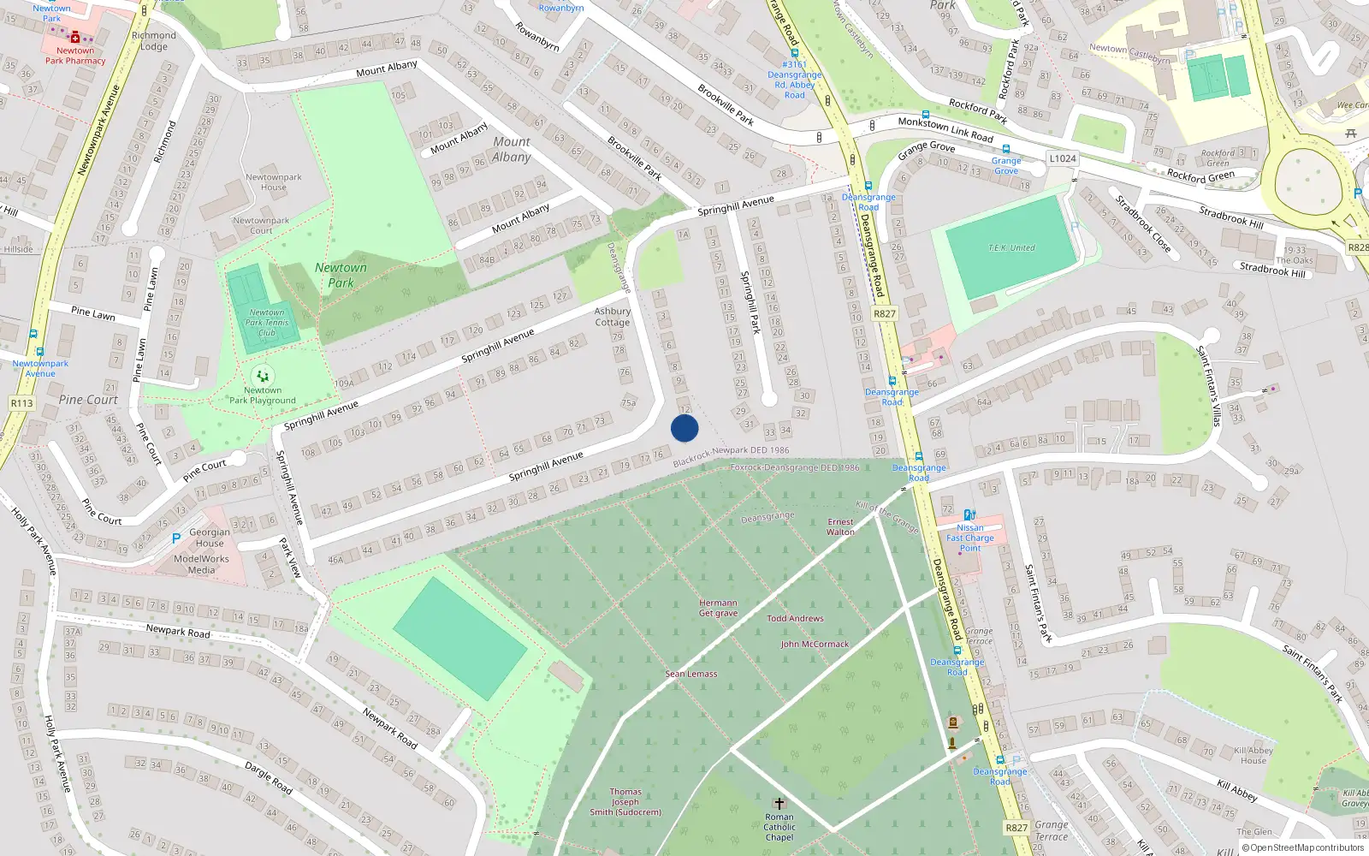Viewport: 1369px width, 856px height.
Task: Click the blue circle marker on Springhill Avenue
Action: coord(684,428)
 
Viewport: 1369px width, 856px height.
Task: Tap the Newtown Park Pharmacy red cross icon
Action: coord(75,38)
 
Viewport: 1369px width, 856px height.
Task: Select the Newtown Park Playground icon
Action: coord(263,376)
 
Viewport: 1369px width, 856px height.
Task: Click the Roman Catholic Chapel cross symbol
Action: coord(779,804)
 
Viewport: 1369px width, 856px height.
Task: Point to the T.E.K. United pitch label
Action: coord(1011,248)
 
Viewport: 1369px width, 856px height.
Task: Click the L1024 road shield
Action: coord(1063,158)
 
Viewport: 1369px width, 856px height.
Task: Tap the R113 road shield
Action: coord(21,403)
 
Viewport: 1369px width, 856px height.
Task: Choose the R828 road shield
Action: coord(1358,247)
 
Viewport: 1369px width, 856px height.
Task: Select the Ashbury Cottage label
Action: coord(613,317)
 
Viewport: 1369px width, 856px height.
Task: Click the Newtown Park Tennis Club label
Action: coord(267,323)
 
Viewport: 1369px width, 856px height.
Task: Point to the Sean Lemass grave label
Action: coord(691,674)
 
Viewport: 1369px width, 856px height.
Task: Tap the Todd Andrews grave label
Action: coord(795,618)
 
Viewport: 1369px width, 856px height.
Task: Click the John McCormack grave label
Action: coord(815,644)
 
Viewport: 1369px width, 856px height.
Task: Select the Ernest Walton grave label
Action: coord(840,526)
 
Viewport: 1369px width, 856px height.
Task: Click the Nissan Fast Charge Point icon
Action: coord(969,515)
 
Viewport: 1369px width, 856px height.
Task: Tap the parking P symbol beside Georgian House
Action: coord(176,538)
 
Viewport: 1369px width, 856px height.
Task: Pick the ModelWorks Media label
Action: coord(201,564)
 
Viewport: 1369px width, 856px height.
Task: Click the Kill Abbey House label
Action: coord(1253,755)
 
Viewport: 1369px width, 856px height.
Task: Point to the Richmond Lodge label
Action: coord(154,41)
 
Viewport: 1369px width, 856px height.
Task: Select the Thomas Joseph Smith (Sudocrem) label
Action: coord(625,802)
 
